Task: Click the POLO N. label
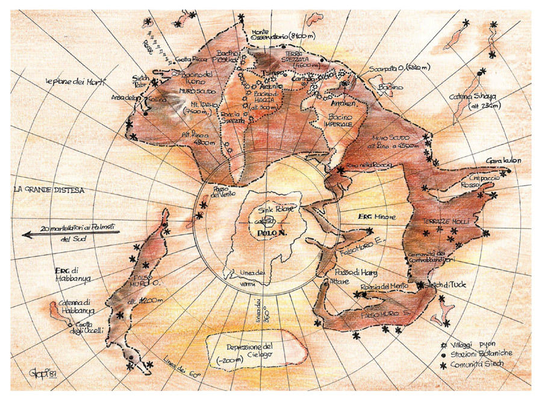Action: click(269, 232)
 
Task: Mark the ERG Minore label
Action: click(368, 216)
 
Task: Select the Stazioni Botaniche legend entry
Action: click(482, 354)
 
